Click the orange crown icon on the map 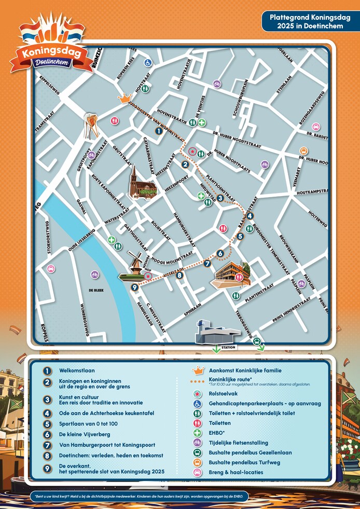coord(124,98)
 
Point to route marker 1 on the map coord(159,131)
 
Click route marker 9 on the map coord(134,287)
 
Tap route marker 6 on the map coord(220,253)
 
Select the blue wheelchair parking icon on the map coord(148,63)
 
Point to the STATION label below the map coord(228,347)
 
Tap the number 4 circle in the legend coord(48,413)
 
